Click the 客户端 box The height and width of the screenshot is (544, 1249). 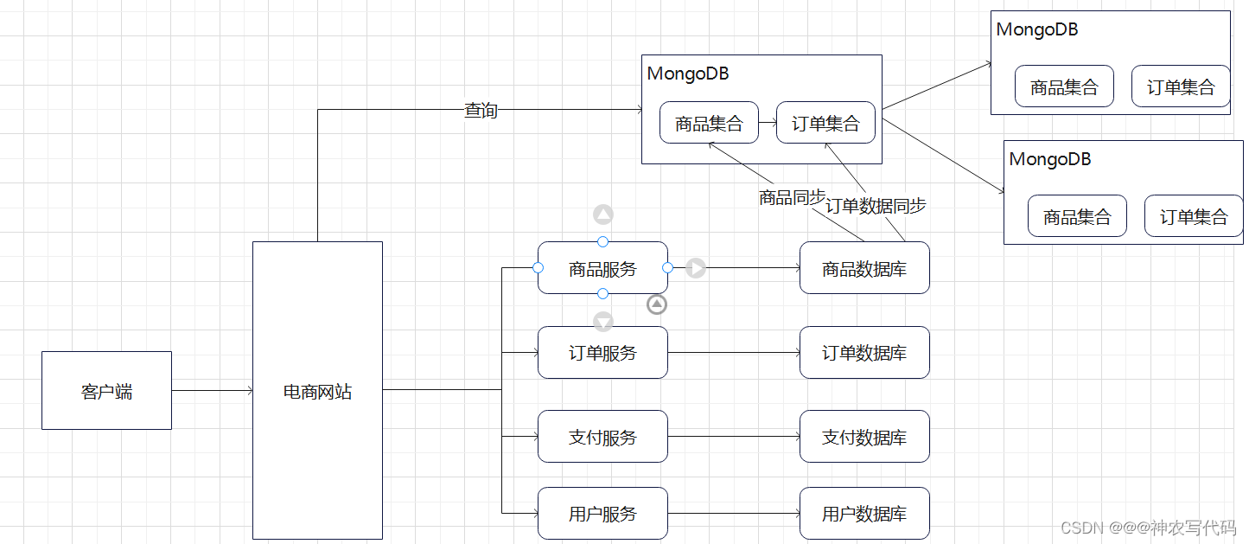[x=106, y=391]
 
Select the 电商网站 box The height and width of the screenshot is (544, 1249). [x=317, y=391]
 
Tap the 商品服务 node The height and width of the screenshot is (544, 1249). [x=602, y=268]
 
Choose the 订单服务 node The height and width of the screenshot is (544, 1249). [x=602, y=352]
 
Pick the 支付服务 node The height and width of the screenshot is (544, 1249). [x=602, y=437]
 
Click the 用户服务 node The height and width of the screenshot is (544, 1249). [x=602, y=514]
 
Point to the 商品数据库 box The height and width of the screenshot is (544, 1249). [x=864, y=268]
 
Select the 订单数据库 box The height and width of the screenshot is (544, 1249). [x=864, y=352]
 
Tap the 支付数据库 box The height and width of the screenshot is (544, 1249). [x=864, y=437]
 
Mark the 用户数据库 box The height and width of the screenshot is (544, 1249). [x=864, y=514]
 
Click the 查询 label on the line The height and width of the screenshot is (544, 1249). [x=481, y=110]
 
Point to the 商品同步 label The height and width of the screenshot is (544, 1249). [x=792, y=197]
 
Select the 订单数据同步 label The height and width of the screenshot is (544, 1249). [x=876, y=206]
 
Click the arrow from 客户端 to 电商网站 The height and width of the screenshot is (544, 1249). [x=212, y=391]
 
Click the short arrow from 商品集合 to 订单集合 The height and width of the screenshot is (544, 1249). [x=768, y=123]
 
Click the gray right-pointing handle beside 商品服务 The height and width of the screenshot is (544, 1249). [x=696, y=268]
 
